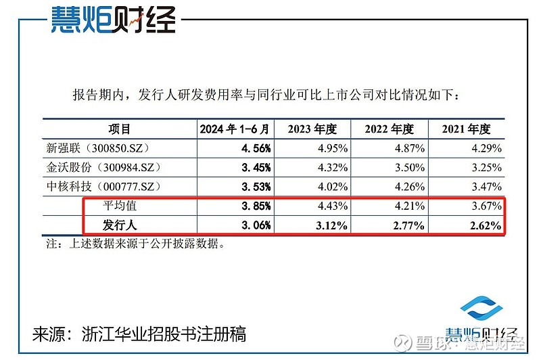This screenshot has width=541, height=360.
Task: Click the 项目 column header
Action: tap(119, 129)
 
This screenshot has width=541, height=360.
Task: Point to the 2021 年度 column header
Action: tap(466, 129)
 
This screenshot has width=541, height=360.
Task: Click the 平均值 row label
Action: tap(120, 205)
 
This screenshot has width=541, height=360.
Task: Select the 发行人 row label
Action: tap(120, 225)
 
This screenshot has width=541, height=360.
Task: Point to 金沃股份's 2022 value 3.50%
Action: tap(408, 167)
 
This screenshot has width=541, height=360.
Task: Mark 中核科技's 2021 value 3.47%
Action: tap(486, 186)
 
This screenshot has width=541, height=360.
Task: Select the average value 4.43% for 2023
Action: tap(332, 205)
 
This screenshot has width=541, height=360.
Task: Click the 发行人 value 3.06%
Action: tap(256, 225)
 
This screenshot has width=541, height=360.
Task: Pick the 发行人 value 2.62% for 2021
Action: tap(486, 225)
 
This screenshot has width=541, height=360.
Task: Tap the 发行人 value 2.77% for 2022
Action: tap(408, 225)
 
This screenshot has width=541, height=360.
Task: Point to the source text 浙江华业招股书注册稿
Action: tap(162, 334)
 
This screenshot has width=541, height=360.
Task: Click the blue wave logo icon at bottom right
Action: tap(483, 313)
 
